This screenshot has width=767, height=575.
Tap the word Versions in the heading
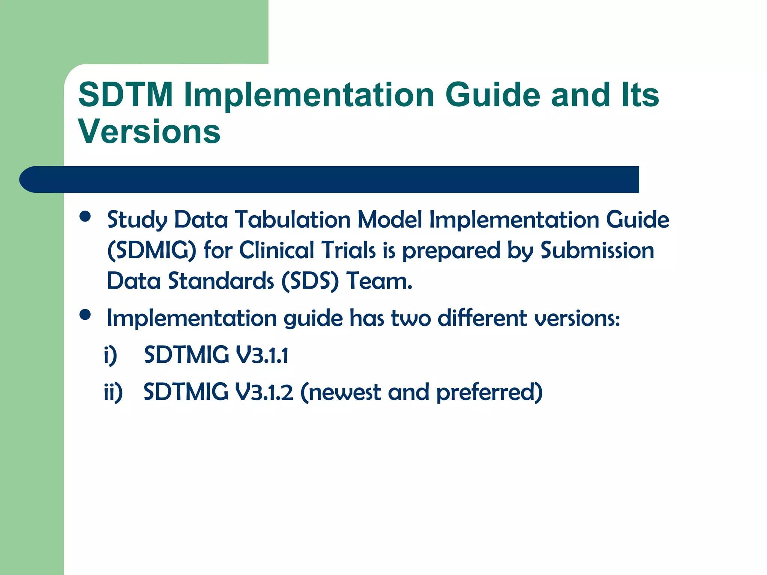149,131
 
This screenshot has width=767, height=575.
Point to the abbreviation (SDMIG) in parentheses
152,250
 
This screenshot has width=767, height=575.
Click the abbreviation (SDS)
310,281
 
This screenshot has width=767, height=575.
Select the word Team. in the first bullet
379,281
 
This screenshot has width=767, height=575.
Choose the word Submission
597,250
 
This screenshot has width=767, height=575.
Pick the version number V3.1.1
262,355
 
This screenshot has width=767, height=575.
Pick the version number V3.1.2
264,392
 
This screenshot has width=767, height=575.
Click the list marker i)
110,355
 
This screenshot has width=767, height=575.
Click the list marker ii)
113,393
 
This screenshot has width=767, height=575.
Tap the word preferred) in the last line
489,393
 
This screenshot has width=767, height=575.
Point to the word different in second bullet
482,318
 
